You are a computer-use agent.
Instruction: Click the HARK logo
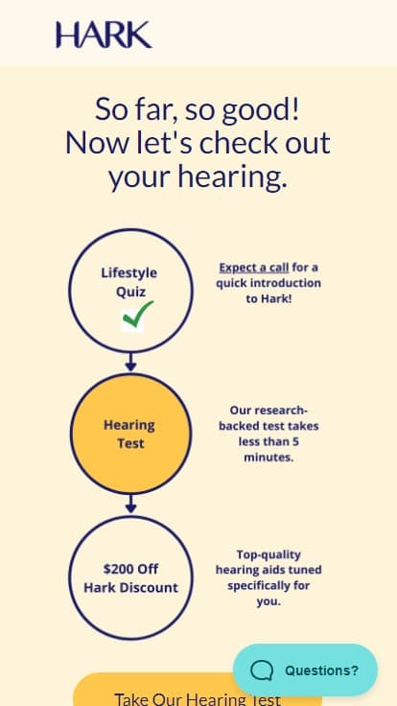(104, 35)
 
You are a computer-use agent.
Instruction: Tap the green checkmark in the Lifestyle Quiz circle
(137, 314)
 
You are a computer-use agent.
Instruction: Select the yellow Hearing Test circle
(130, 434)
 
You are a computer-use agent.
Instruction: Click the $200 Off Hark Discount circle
(130, 577)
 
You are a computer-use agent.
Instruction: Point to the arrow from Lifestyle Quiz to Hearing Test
(130, 363)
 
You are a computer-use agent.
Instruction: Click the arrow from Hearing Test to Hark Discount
(130, 505)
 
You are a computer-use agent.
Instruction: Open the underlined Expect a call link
(254, 268)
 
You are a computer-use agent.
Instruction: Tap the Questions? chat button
(305, 670)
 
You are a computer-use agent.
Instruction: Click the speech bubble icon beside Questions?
(262, 671)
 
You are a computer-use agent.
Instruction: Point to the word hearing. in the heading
(232, 176)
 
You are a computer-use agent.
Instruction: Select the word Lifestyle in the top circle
(129, 272)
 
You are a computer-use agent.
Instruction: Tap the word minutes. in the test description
(269, 458)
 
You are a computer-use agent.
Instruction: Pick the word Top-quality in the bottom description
(269, 554)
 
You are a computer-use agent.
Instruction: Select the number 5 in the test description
(295, 441)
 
